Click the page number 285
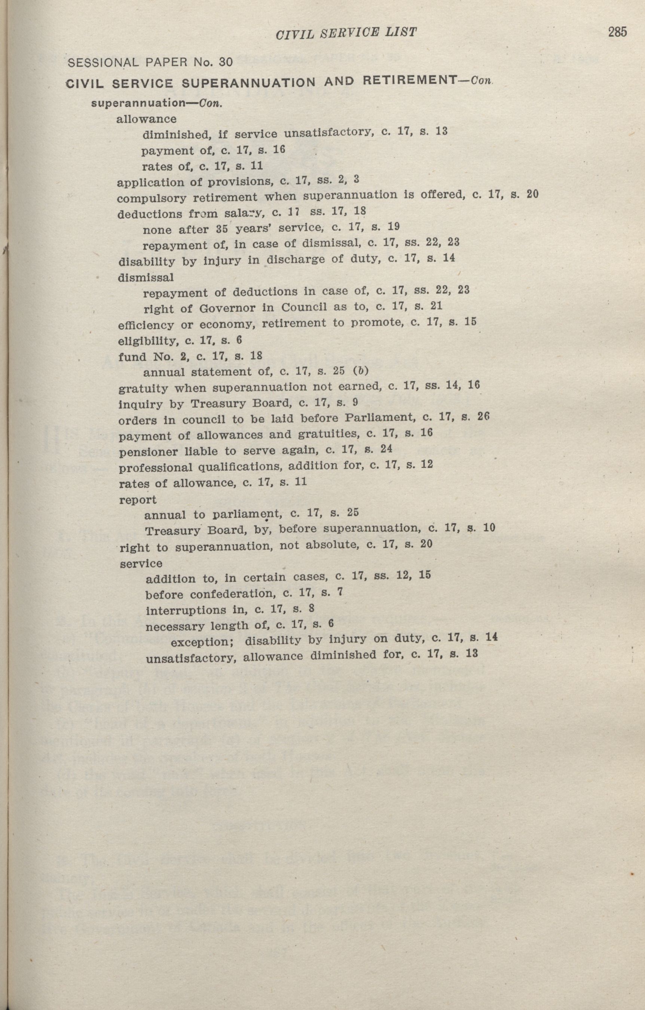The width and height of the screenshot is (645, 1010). (617, 32)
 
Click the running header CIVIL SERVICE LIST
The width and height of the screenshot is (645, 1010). (346, 33)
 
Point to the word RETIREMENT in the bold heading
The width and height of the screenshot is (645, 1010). (406, 80)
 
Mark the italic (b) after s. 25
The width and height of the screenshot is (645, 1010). (361, 371)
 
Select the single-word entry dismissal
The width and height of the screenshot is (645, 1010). (146, 277)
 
